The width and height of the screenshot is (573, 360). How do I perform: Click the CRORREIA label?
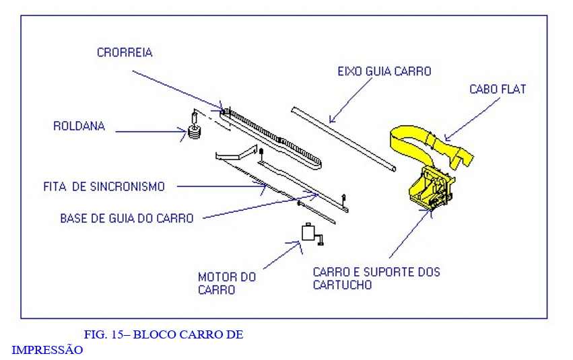click(124, 52)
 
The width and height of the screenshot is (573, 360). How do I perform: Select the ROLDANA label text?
click(79, 126)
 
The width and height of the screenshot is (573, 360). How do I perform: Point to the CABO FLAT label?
click(498, 89)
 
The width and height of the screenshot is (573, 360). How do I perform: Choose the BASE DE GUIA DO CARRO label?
click(127, 218)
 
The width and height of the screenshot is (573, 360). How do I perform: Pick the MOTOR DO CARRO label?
click(226, 283)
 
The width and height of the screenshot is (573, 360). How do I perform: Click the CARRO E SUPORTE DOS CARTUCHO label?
click(376, 278)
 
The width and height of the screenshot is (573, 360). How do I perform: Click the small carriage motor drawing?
click(310, 233)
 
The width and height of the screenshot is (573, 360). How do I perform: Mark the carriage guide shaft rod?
click(343, 137)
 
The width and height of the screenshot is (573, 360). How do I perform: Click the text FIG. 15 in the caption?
click(105, 334)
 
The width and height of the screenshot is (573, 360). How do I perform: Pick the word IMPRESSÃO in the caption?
click(47, 350)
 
